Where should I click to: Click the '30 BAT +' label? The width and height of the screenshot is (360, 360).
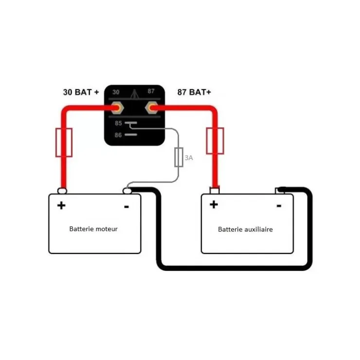[x=81, y=92]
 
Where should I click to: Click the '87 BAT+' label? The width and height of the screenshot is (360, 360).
[x=194, y=92]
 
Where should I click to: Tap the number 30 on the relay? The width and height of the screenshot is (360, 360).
[x=116, y=92]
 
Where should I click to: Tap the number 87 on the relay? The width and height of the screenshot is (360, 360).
[x=151, y=91]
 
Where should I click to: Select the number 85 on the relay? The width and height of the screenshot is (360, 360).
[x=118, y=123]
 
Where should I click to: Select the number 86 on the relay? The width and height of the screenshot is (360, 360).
[x=118, y=135]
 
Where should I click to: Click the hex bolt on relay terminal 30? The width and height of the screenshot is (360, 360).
[x=117, y=108]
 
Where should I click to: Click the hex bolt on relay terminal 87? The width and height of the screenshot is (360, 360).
[x=151, y=108]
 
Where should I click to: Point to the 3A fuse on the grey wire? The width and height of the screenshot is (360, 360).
[x=179, y=157]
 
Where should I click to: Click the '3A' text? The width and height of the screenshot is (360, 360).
[x=189, y=158]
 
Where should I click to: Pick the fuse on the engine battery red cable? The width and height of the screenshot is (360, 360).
[x=64, y=143]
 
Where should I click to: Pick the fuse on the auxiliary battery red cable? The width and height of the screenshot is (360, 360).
[x=215, y=141]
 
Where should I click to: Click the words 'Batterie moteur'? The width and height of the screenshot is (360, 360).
[x=93, y=229]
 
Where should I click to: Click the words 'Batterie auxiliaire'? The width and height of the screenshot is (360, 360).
[x=246, y=229]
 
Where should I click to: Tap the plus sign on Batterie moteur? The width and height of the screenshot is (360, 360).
[x=61, y=205]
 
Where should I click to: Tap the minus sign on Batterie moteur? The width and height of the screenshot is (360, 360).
[x=126, y=207]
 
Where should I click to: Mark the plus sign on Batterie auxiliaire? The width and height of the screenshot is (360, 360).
[x=214, y=204]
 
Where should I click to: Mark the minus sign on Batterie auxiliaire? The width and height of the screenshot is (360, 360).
[x=279, y=206]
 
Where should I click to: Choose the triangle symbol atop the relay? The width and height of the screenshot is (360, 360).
[x=134, y=94]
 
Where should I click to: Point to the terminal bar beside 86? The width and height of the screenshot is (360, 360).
[x=131, y=135]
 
